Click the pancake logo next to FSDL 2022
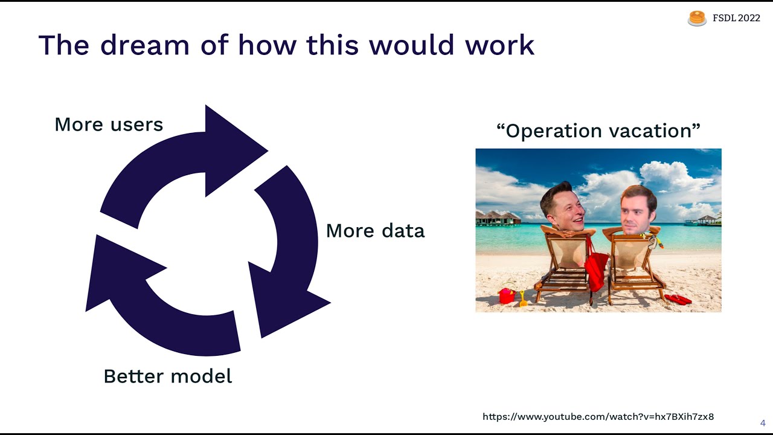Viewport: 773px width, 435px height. pyautogui.click(x=697, y=19)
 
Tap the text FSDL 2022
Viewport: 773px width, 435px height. pyautogui.click(x=736, y=18)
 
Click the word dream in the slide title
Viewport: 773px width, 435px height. pyautogui.click(x=144, y=45)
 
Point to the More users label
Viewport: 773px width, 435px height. pyautogui.click(x=109, y=124)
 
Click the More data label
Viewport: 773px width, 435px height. pyautogui.click(x=375, y=231)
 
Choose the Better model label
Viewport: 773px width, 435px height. pyautogui.click(x=168, y=376)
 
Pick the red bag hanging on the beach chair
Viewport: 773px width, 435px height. pyautogui.click(x=596, y=270)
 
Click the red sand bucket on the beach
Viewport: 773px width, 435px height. pyautogui.click(x=507, y=295)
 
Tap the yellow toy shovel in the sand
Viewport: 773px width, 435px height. pyautogui.click(x=523, y=298)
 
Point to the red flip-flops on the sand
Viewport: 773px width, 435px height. pyautogui.click(x=678, y=298)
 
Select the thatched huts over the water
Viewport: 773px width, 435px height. pyautogui.click(x=499, y=217)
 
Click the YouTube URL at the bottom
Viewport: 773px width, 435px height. pyautogui.click(x=598, y=417)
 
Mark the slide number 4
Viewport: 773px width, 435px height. pyautogui.click(x=763, y=422)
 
